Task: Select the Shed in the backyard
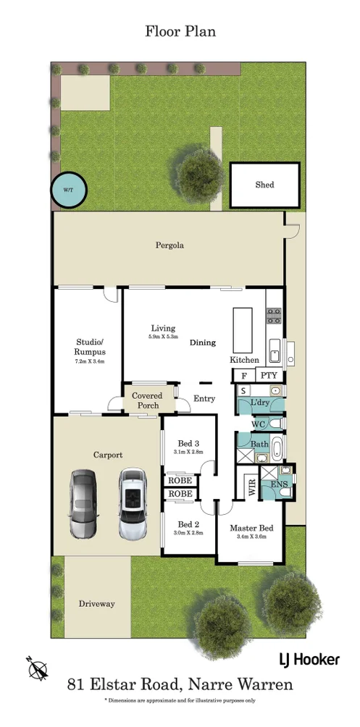click(264, 185)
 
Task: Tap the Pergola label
click(169, 245)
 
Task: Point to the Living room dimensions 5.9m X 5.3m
click(164, 337)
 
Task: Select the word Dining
click(203, 343)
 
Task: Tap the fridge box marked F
click(243, 375)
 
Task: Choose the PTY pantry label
click(269, 375)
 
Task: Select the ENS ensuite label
click(277, 484)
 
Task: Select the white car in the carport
click(133, 503)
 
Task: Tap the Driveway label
click(97, 603)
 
